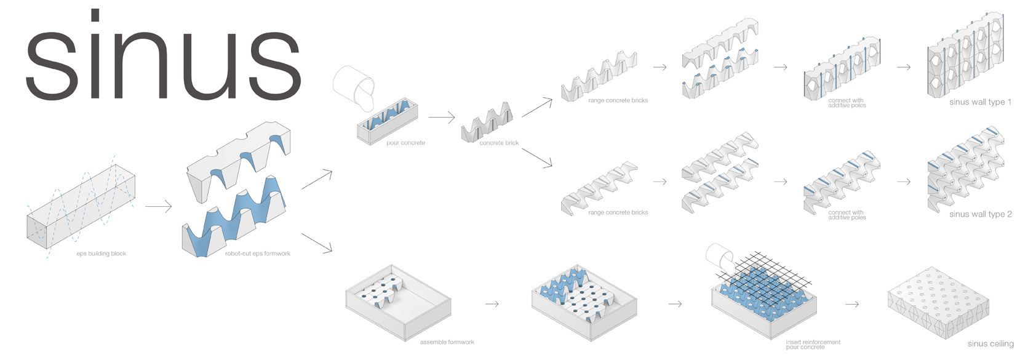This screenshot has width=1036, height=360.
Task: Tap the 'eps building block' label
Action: coord(102,254)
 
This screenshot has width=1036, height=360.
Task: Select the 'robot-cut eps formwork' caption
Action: coord(258,254)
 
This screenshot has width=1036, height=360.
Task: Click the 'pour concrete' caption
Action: coord(405,143)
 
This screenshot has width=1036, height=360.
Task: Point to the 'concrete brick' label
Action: coord(499,143)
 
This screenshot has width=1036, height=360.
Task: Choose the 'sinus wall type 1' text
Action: coord(980,102)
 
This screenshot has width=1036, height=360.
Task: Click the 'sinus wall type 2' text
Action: coord(980,214)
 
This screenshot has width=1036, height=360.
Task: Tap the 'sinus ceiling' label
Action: coord(990,344)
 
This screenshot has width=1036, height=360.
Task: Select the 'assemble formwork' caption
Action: coord(447,342)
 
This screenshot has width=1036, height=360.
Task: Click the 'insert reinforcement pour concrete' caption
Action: coord(813,345)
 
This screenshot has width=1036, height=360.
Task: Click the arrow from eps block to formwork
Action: coord(159,207)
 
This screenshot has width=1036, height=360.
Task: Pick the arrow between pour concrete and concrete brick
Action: coord(441,117)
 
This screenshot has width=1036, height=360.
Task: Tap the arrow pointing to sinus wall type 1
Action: coord(904,67)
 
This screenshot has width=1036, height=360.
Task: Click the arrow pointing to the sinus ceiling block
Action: coord(852,304)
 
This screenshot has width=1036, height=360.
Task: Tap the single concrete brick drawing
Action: coord(487,122)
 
